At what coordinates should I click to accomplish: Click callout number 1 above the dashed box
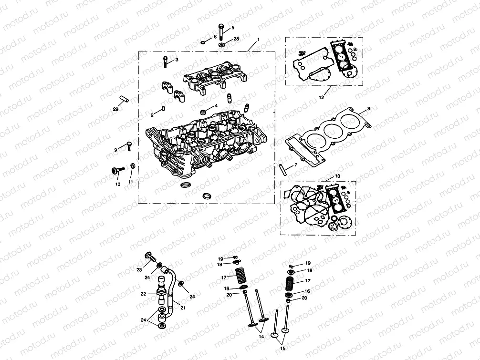tap(258, 39)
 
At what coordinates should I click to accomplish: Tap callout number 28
tap(235, 39)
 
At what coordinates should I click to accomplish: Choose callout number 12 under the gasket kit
tap(321, 97)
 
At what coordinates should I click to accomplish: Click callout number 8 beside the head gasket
tap(368, 109)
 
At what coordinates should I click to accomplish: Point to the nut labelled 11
tap(133, 166)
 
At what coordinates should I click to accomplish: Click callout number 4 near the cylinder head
tap(216, 105)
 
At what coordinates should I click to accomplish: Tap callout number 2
tap(152, 115)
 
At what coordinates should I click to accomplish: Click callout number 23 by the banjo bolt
tap(139, 270)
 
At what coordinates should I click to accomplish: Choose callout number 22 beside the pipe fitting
tap(143, 294)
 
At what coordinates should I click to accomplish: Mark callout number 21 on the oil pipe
tap(183, 308)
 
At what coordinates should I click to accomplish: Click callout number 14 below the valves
tap(261, 337)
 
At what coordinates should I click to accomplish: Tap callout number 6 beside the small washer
tap(215, 36)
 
